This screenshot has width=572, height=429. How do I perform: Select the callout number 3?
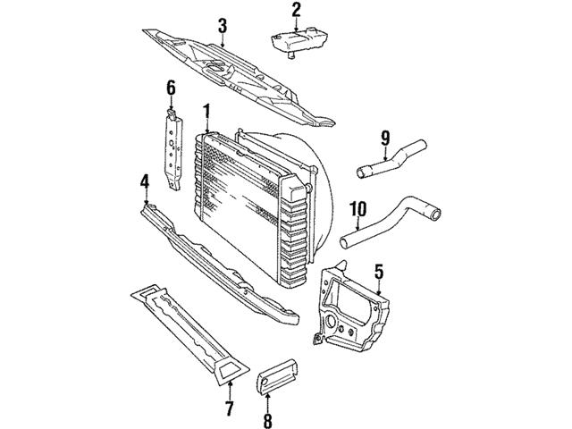click(223, 24)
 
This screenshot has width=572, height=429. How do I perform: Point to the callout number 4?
click(144, 183)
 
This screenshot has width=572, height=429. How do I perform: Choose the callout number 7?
click(229, 409)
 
